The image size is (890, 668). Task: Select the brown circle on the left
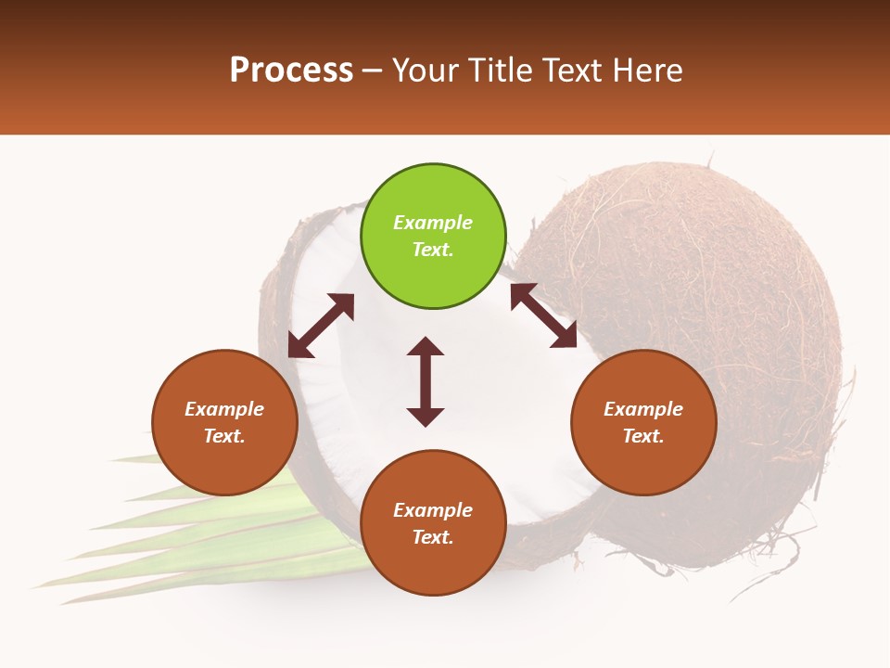224,422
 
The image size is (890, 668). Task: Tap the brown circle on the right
643,422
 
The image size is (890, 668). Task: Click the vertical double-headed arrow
426,381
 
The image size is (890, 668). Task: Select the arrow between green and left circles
321,326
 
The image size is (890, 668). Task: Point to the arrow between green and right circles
544,315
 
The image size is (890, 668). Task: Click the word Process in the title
291,71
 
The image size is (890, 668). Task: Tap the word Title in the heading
500,71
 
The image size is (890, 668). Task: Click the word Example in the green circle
433,223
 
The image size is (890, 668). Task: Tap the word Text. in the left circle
224,436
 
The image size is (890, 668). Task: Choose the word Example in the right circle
643,409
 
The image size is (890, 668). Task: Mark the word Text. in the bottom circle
433,537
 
